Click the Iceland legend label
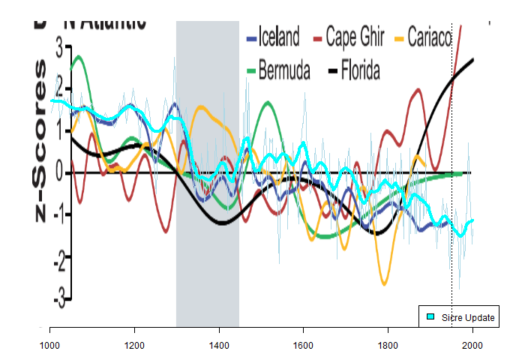coord(279,37)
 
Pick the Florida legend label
coord(360,72)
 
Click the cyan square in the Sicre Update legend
coord(431,318)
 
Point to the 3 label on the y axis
coord(59,47)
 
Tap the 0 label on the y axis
coord(59,173)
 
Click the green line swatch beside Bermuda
coord(251,72)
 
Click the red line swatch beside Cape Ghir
coord(318,37)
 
